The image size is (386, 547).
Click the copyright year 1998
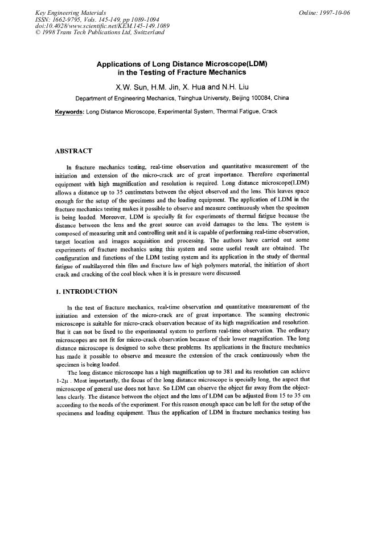(50, 33)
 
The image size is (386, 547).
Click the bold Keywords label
(65, 111)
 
